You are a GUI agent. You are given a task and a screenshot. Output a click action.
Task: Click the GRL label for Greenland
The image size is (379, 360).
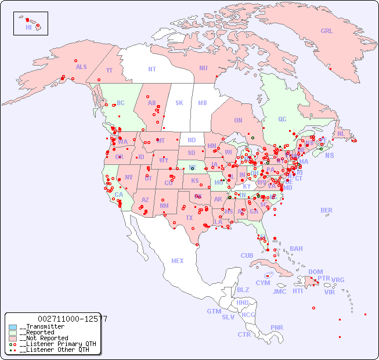(x=327, y=31)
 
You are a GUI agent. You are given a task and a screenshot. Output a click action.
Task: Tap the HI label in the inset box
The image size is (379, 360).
(x=28, y=27)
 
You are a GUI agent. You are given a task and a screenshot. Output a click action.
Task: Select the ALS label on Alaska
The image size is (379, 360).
(x=81, y=67)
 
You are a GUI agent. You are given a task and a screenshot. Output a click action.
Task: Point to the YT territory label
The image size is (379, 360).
(x=109, y=70)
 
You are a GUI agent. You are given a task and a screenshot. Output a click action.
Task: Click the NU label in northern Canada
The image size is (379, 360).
(x=203, y=68)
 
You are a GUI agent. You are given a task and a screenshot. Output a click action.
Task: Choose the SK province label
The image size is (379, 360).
(x=179, y=103)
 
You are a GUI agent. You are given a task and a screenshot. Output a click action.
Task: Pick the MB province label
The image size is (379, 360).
(x=202, y=103)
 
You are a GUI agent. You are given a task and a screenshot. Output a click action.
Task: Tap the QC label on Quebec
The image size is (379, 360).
(x=282, y=119)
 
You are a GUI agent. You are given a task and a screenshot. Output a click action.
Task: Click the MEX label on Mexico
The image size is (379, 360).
(x=178, y=261)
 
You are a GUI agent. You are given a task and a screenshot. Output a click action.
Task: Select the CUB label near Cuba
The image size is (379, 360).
(x=247, y=255)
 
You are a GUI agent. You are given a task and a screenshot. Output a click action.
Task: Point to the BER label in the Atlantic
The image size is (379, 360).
(x=326, y=210)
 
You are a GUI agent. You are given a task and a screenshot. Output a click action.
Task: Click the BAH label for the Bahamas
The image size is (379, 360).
(x=296, y=249)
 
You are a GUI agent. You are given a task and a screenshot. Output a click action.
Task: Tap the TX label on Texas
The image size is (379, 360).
(x=189, y=218)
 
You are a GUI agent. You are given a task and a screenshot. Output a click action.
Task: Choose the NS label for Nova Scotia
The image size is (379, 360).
(x=329, y=155)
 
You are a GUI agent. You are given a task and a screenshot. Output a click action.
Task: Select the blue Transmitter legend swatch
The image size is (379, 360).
(x=13, y=327)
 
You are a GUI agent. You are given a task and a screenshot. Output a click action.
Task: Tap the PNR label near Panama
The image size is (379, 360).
(x=277, y=327)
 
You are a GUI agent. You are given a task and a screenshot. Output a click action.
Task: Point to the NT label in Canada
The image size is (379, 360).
(x=152, y=69)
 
